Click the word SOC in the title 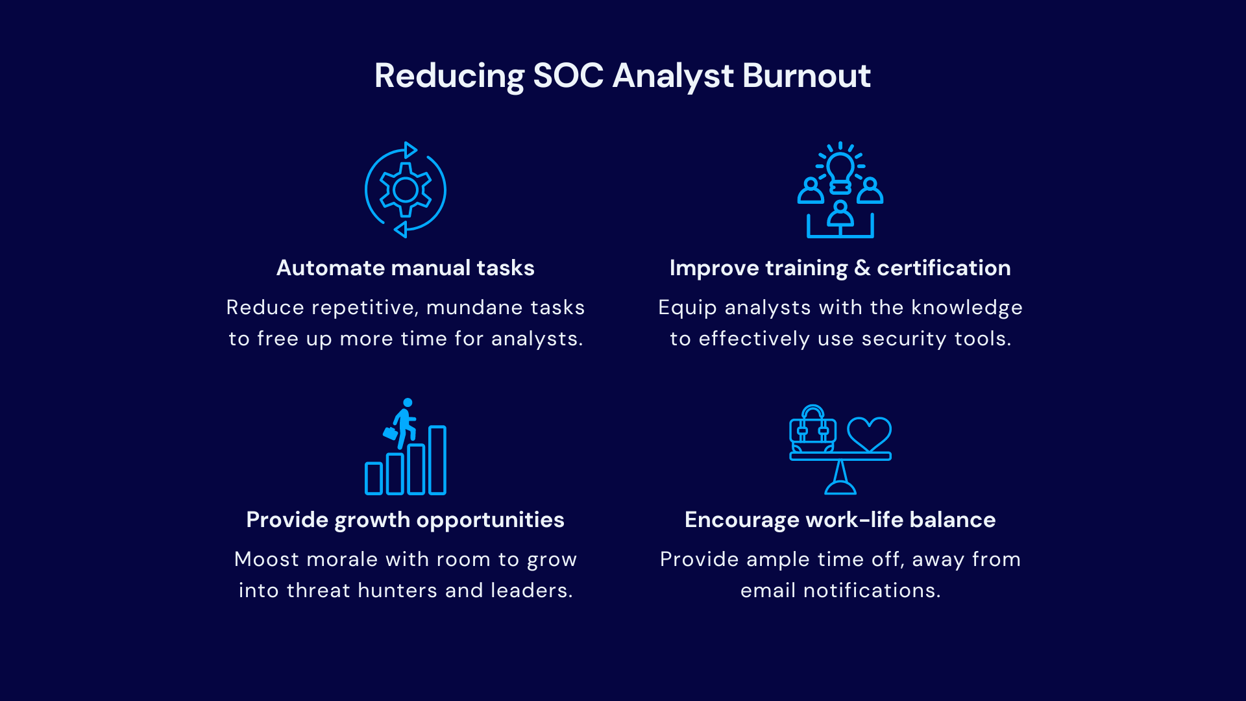568,75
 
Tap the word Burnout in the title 806,75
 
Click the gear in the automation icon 406,190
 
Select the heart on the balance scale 870,434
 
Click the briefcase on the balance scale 812,429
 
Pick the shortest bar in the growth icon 374,478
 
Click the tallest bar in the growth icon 437,460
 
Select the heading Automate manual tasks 406,268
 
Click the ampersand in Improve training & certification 862,268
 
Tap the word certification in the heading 944,268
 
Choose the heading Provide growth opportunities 406,520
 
